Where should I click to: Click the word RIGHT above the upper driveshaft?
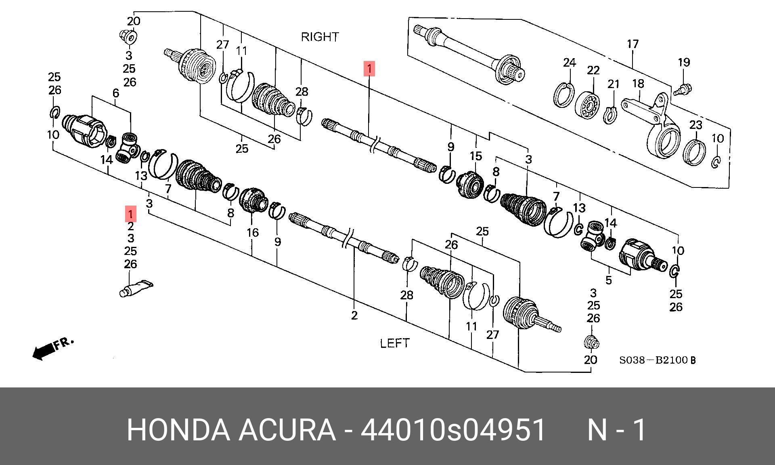pyautogui.click(x=320, y=37)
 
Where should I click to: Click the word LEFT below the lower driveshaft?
pyautogui.click(x=394, y=343)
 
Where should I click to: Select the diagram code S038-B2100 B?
pyautogui.click(x=658, y=360)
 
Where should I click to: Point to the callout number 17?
pyautogui.click(x=633, y=44)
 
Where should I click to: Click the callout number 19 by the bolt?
pyautogui.click(x=684, y=62)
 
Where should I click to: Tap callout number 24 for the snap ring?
pyautogui.click(x=569, y=63)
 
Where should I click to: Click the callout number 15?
pyautogui.click(x=476, y=156)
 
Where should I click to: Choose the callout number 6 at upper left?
pyautogui.click(x=116, y=93)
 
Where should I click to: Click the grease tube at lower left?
pyautogui.click(x=136, y=288)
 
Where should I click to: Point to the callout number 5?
pyautogui.click(x=608, y=280)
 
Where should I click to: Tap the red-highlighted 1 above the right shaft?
pyautogui.click(x=369, y=68)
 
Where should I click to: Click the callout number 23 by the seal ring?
pyautogui.click(x=695, y=125)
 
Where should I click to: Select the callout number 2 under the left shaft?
pyautogui.click(x=354, y=315)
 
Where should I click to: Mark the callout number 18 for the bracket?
pyautogui.click(x=638, y=84)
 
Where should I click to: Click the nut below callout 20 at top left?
pyautogui.click(x=130, y=37)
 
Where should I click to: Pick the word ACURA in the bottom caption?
pyautogui.click(x=287, y=430)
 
